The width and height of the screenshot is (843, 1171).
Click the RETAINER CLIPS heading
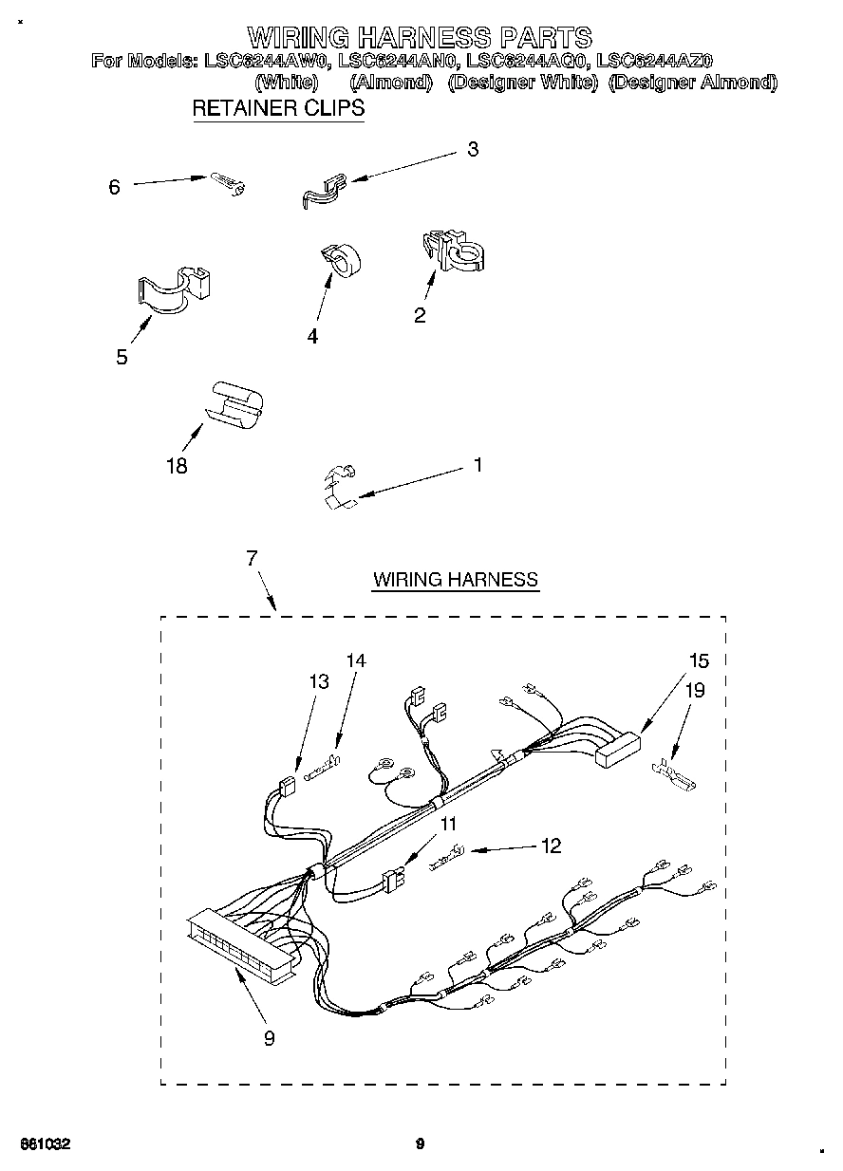pos(278,108)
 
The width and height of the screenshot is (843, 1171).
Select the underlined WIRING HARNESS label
pos(456,579)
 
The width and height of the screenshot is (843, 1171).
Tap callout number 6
pos(115,187)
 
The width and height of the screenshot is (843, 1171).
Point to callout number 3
pos(472,149)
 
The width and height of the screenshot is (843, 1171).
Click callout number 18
pos(176,465)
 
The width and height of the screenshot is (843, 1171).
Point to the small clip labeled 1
pos(339,486)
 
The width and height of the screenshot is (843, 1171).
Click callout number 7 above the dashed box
pos(252,559)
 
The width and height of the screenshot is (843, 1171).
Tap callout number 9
pos(269,1038)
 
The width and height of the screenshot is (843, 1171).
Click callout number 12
pos(550,846)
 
